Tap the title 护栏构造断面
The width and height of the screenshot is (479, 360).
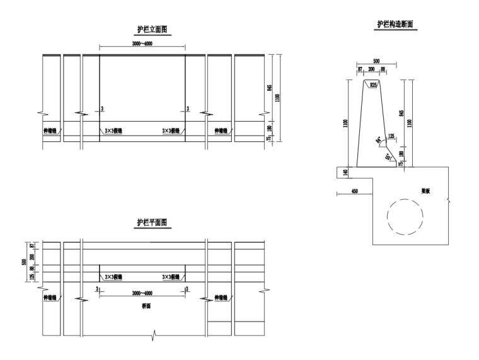click(x=395, y=25)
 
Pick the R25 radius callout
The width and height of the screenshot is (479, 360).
click(x=374, y=85)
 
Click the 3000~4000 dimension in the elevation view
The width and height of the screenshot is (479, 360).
click(x=142, y=44)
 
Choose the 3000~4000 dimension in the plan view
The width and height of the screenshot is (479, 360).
click(x=142, y=293)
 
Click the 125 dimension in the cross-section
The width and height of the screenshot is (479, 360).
click(x=392, y=136)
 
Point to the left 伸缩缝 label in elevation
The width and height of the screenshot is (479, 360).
click(x=49, y=131)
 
